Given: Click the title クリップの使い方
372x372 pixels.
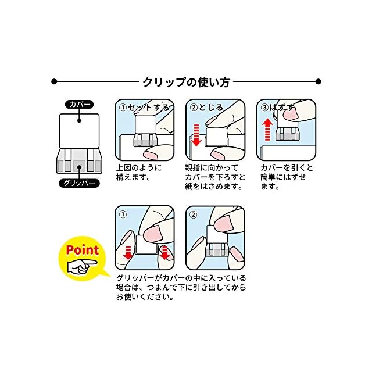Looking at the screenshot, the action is (x=186, y=81).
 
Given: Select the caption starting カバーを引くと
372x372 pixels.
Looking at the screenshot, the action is (x=287, y=177).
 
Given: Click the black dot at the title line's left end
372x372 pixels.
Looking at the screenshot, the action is (x=54, y=81).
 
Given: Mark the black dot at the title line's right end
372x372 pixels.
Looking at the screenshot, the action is (x=318, y=81).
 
